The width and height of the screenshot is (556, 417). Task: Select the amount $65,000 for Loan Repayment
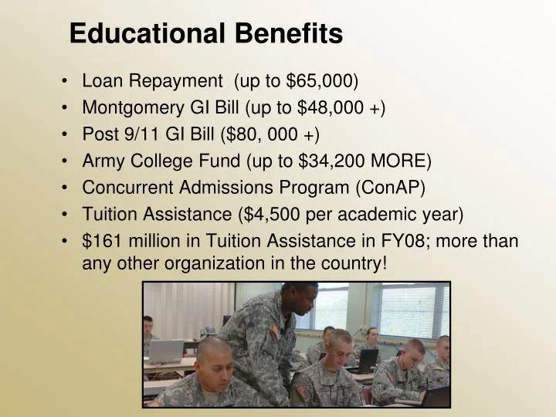pyautogui.click(x=320, y=80)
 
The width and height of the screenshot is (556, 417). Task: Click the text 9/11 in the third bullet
pyautogui.click(x=134, y=134)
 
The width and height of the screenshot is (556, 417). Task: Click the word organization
pyautogui.click(x=205, y=263)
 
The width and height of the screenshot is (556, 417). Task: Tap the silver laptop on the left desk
pyautogui.click(x=167, y=351)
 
